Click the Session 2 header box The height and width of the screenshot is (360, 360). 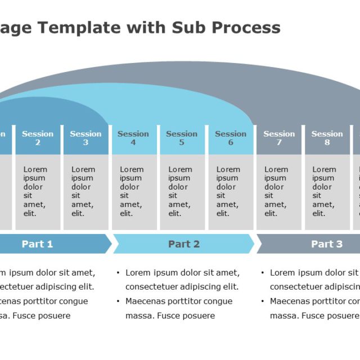38,138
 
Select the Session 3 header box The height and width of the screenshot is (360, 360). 85,138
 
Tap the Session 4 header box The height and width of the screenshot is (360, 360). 133,138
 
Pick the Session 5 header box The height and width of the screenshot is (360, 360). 182,138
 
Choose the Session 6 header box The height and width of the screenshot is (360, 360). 231,138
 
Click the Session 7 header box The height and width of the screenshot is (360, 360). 279,138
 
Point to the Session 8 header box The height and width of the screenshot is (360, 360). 327,138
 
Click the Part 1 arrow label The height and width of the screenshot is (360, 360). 37,244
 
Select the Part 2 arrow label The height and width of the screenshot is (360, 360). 184,244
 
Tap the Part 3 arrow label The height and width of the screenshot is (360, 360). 327,244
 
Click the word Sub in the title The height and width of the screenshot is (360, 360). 184,28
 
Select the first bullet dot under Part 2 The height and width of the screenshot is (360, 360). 118,273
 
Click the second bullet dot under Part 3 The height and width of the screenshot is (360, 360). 263,301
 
